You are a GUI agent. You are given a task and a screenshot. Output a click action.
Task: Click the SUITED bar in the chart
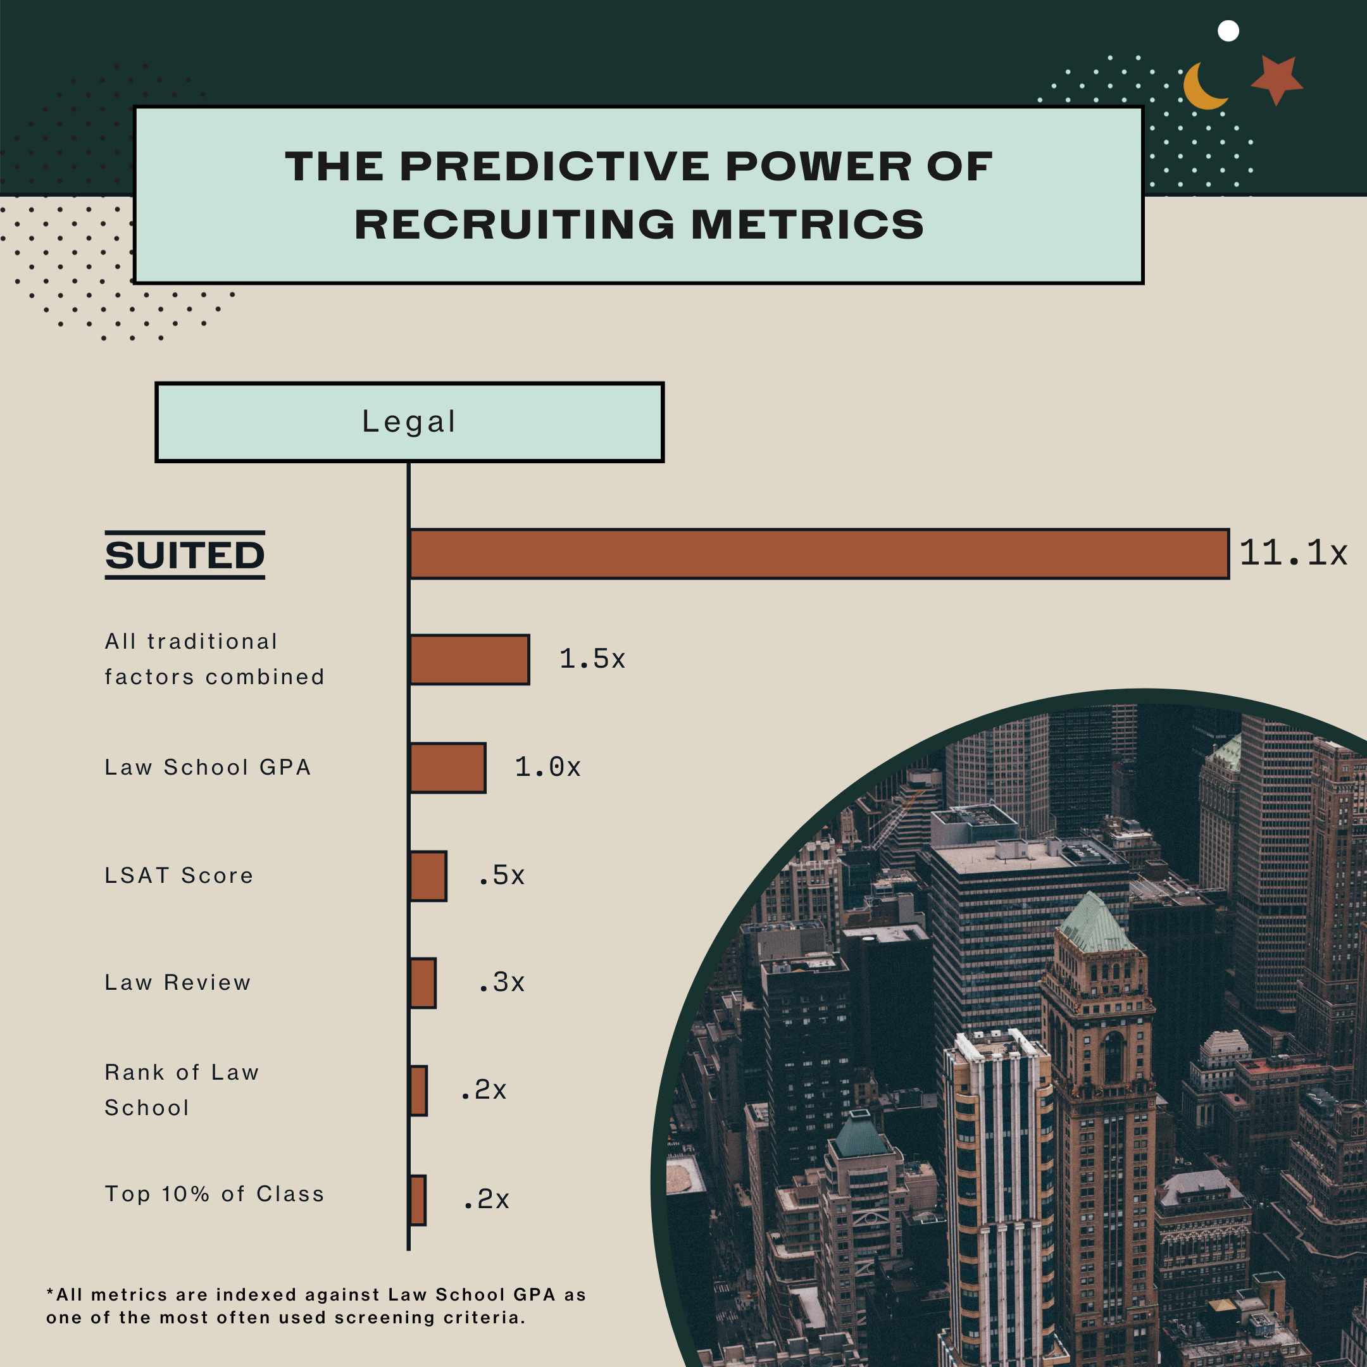819,554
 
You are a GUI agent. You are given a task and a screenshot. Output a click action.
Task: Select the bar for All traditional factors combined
470,659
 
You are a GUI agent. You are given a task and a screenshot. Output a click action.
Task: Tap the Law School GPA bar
448,768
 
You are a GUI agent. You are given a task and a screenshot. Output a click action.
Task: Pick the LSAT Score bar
428,876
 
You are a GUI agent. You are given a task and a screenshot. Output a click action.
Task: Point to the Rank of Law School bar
419,1090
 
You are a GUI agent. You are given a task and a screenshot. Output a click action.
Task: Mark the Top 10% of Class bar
418,1200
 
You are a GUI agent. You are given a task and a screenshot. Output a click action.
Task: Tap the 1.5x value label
592,659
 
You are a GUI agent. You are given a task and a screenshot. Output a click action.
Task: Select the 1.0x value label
547,767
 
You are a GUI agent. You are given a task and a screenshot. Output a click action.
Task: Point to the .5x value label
501,875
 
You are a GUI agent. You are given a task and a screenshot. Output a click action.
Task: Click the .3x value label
501,982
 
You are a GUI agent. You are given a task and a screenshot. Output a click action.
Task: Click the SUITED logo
185,555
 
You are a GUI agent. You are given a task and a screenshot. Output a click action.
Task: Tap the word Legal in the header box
409,421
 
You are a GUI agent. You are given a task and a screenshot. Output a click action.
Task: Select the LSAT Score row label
179,876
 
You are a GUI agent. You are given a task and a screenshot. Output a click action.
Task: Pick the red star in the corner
1277,80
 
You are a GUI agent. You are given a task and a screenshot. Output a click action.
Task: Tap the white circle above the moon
1228,31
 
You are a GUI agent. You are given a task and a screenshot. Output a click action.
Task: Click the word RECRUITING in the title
515,225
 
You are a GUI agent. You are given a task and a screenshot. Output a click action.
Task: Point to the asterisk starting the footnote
50,1292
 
